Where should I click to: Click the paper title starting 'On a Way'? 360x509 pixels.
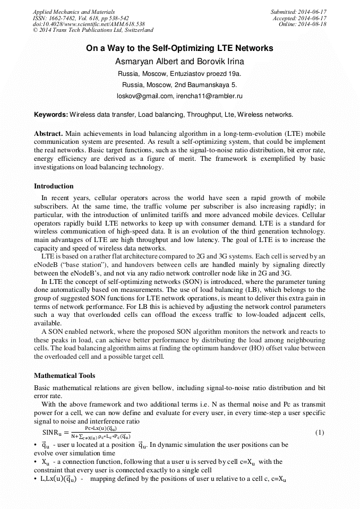[x=179, y=48]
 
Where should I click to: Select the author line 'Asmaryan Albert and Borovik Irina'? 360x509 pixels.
[x=179, y=62]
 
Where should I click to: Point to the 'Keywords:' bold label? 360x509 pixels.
[x=51, y=114]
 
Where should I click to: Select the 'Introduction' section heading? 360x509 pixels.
[x=54, y=186]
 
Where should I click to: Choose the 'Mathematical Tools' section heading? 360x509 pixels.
[x=64, y=375]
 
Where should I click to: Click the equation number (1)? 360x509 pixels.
[x=320, y=432]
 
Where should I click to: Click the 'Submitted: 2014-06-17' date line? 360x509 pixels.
[x=298, y=12]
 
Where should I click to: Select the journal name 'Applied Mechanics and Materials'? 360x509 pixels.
[x=73, y=12]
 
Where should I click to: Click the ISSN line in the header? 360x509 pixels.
[x=80, y=18]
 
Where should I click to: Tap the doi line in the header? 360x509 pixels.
[x=89, y=24]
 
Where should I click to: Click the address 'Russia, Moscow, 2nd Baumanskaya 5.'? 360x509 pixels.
[x=179, y=84]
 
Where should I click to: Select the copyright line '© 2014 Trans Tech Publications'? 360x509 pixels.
[x=93, y=30]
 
